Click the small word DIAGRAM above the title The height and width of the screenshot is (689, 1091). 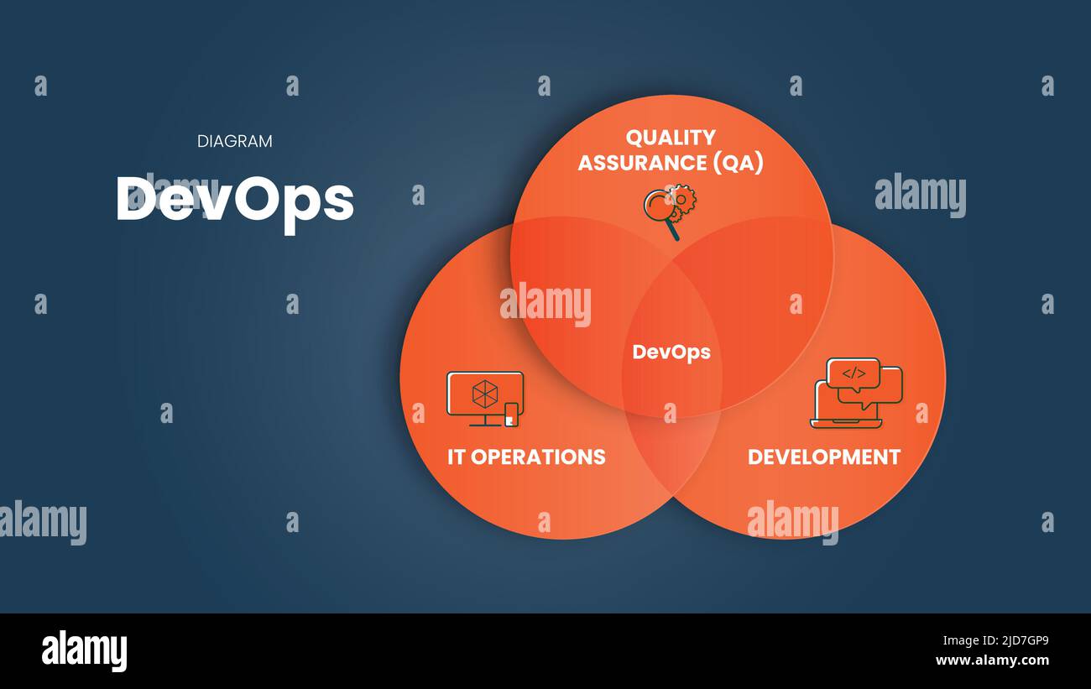[x=235, y=141]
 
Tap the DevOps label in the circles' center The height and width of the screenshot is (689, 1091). [x=671, y=352]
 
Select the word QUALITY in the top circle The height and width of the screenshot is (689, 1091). [x=671, y=138]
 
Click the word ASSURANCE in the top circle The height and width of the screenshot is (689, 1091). [x=642, y=163]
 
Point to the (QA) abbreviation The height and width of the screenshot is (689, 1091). [x=738, y=163]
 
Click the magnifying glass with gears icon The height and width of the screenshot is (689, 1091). [x=670, y=211]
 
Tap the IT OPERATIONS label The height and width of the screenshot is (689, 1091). [x=526, y=457]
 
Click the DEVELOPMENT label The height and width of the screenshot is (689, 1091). [x=824, y=457]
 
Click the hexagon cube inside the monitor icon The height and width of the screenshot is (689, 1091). [x=485, y=394]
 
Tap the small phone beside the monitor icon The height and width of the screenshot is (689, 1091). [x=511, y=415]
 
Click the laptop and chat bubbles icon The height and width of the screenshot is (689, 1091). [x=856, y=394]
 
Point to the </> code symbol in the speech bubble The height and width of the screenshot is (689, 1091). [x=853, y=373]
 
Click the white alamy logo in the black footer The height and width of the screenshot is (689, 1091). [x=84, y=651]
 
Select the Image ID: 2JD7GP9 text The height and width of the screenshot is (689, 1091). [x=995, y=640]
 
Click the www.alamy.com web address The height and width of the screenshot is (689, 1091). [x=992, y=660]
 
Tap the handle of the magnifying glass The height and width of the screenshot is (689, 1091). [x=674, y=232]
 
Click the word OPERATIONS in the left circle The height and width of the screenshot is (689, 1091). [x=538, y=457]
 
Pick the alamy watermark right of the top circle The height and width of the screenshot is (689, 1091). [x=920, y=195]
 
